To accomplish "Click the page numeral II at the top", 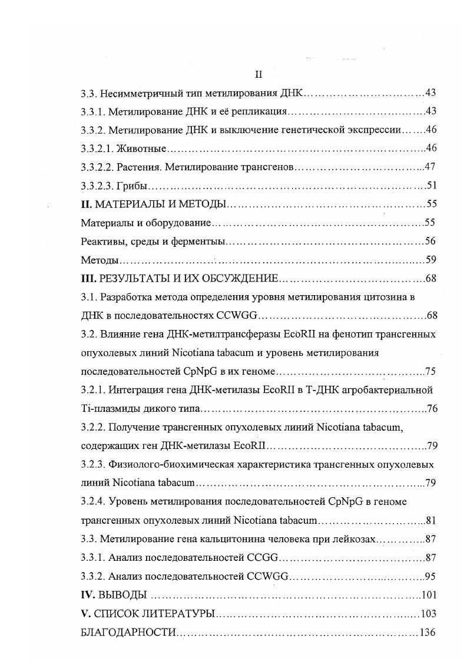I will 257,74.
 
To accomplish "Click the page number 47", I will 430,167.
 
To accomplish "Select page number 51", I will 431,186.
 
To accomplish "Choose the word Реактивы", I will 100,242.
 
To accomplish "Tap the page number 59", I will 430,260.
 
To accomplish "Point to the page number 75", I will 430,372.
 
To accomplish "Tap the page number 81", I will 430,520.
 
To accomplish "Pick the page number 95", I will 430,576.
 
